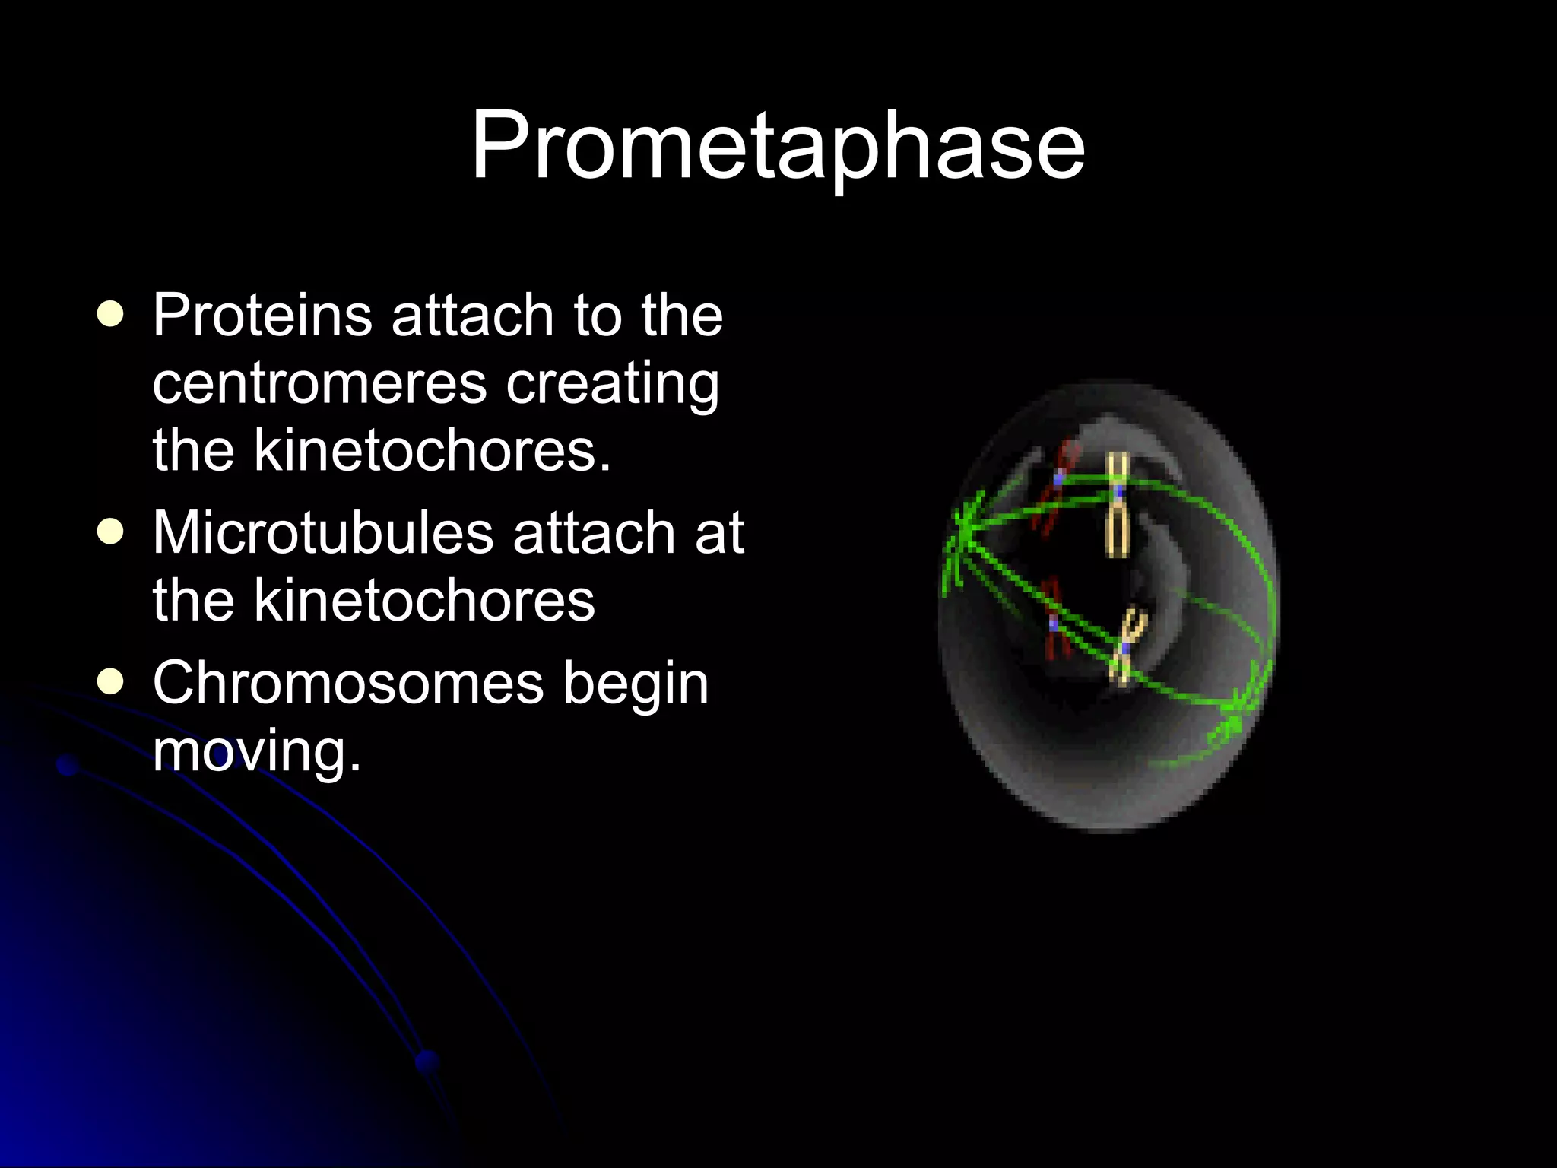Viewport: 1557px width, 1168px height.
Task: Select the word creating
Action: click(x=613, y=384)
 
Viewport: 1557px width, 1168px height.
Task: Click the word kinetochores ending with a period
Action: click(x=432, y=450)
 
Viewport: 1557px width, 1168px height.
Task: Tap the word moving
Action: click(x=256, y=751)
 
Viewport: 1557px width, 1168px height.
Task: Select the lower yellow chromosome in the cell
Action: click(x=1126, y=646)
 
